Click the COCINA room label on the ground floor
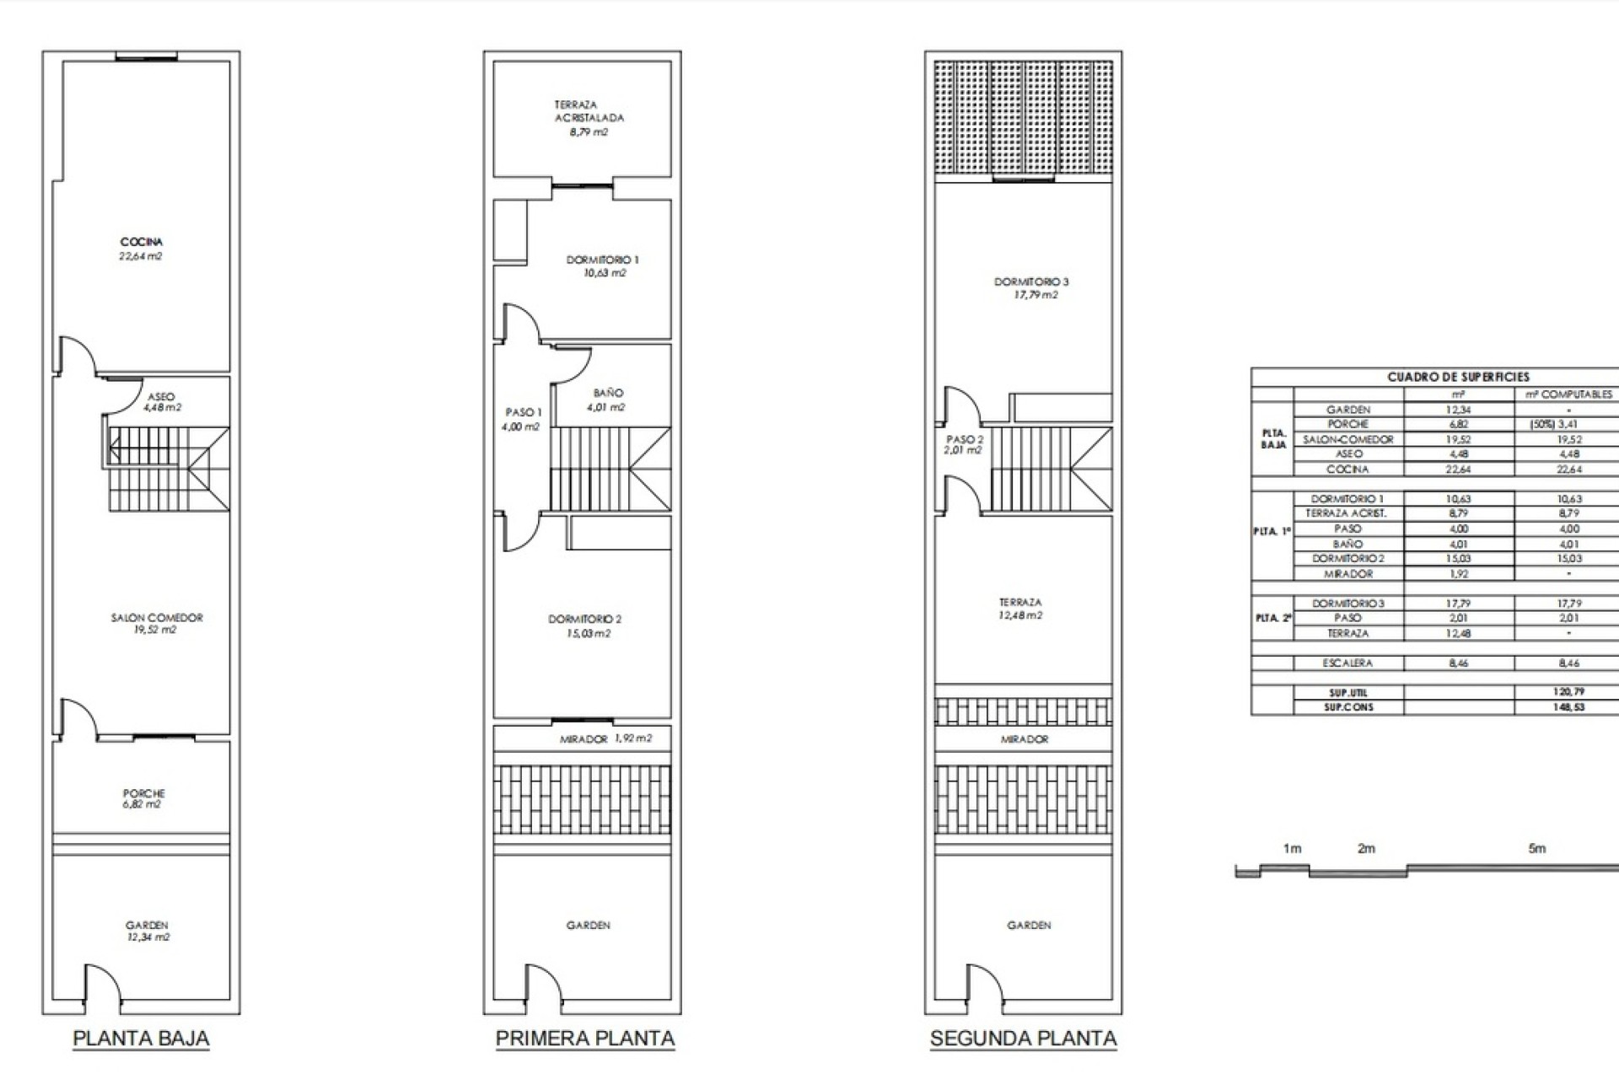click(141, 249)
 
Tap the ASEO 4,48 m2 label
click(162, 402)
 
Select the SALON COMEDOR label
click(157, 623)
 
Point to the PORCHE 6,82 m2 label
click(143, 798)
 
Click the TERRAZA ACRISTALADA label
click(589, 118)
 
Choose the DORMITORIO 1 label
click(602, 266)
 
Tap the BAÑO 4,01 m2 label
click(607, 400)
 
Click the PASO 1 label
click(523, 419)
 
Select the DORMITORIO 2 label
click(585, 625)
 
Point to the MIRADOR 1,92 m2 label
click(605, 738)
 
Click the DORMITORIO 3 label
click(1031, 287)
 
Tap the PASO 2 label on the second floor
click(965, 444)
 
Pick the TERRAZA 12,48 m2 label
click(1020, 609)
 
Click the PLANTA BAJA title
click(141, 1038)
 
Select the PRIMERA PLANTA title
click(584, 1038)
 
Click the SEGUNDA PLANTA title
click(1023, 1038)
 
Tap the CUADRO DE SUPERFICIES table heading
click(1458, 377)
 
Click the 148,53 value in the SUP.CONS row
click(1568, 706)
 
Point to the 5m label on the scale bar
click(1537, 848)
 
